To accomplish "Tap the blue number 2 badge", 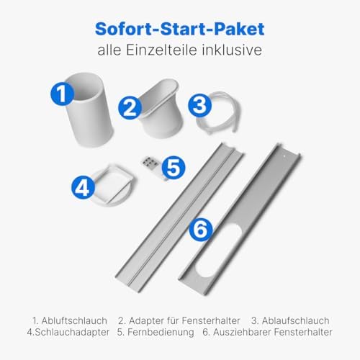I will [130, 108].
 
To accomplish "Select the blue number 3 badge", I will [199, 104].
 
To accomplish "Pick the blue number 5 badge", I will [171, 167].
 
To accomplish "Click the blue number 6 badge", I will [201, 230].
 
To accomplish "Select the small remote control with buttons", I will [152, 163].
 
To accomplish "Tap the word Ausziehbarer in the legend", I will [239, 333].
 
